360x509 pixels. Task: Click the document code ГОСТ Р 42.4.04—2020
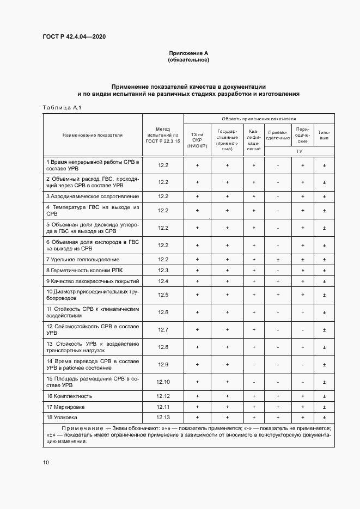click(74, 36)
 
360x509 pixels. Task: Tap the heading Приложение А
click(188, 53)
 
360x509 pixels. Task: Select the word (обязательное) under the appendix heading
click(188, 59)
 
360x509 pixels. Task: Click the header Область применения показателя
click(259, 118)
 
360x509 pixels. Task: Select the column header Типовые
click(324, 134)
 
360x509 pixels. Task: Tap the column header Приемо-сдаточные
click(278, 134)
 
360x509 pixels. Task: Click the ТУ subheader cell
click(300, 151)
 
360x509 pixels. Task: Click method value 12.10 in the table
click(163, 382)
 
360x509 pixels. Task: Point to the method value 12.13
click(163, 417)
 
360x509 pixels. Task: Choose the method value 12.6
click(163, 312)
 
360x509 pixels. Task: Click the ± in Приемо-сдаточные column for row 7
click(278, 259)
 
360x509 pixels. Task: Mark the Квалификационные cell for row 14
click(254, 364)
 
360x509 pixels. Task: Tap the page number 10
click(46, 462)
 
